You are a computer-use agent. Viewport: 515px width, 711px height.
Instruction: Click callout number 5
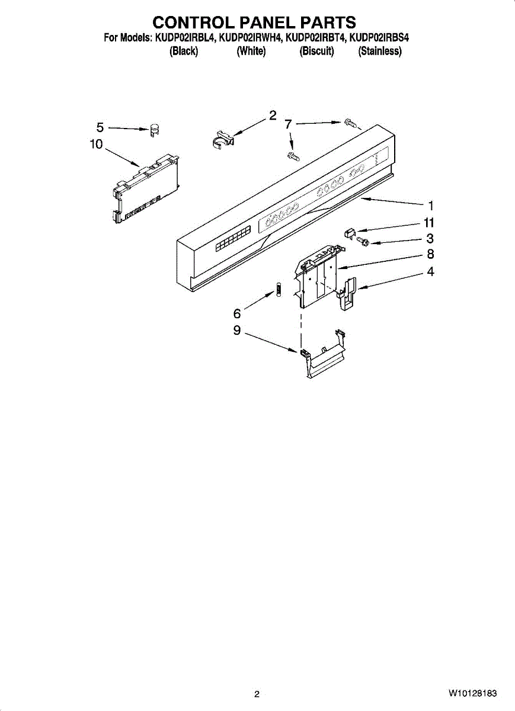[x=100, y=127]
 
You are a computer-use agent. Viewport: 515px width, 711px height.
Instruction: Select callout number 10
[x=96, y=144]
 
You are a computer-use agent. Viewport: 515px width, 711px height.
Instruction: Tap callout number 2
[x=273, y=116]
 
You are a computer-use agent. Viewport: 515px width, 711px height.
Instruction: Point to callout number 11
[x=429, y=223]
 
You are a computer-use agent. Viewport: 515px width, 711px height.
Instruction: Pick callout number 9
[x=237, y=331]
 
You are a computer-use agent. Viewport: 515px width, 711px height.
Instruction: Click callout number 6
[x=237, y=313]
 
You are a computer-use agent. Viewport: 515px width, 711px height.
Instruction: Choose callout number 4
[x=431, y=272]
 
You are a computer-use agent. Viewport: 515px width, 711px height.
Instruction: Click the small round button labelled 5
[x=155, y=129]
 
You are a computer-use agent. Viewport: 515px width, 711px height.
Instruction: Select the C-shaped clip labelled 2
[x=222, y=139]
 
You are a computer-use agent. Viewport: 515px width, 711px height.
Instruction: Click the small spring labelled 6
[x=276, y=291]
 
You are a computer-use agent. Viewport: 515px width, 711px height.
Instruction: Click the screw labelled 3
[x=362, y=241]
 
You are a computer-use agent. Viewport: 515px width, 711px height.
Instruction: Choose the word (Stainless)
[x=380, y=52]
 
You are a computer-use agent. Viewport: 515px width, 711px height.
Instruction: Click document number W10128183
[x=472, y=693]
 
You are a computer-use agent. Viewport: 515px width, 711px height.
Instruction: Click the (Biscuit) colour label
[x=317, y=52]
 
